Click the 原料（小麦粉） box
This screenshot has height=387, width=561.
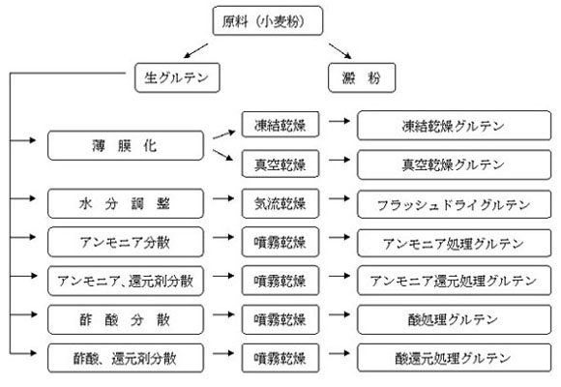coord(268,20)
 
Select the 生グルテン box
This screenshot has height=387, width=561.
coord(177,77)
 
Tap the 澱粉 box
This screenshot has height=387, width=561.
coord(362,77)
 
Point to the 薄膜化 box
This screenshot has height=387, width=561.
coord(126,146)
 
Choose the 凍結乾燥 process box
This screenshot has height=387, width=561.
coord(280,125)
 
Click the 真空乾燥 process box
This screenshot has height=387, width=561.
coord(280,164)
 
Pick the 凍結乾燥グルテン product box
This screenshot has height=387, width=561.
coord(454,126)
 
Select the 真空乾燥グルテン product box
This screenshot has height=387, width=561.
coord(454,164)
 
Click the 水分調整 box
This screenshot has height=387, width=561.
coord(126,203)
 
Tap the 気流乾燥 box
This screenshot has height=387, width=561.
coord(280,203)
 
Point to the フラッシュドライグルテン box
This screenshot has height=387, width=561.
coord(454,204)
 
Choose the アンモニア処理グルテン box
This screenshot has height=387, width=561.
coord(454,243)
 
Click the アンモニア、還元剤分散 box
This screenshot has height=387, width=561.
coord(126,281)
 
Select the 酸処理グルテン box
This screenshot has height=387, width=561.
coord(454,319)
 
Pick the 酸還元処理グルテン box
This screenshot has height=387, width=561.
coord(454,358)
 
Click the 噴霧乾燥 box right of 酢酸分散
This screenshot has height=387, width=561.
coord(280,319)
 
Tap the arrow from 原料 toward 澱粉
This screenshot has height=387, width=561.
coord(340,51)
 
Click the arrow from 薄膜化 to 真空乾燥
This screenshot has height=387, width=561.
coord(222,155)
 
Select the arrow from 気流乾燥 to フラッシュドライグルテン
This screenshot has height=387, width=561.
coord(340,198)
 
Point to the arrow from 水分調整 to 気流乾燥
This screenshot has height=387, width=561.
coord(223,198)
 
